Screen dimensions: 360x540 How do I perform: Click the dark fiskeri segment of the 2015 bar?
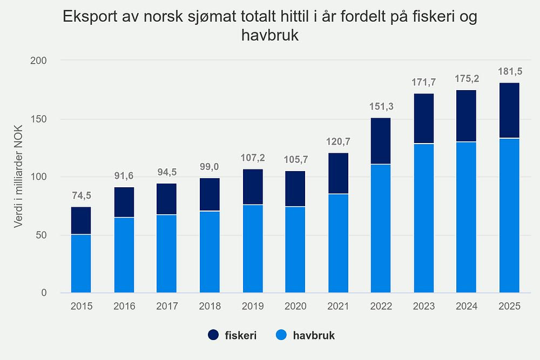pyautogui.click(x=81, y=220)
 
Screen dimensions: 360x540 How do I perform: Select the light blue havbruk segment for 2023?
pyautogui.click(x=424, y=218)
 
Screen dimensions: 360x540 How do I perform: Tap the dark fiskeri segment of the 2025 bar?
pyautogui.click(x=509, y=110)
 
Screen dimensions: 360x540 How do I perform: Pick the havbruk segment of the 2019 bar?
pyautogui.click(x=252, y=249)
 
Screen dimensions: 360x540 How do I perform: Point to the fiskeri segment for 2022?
pyautogui.click(x=381, y=141)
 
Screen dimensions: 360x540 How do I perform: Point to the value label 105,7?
pyautogui.click(x=295, y=160)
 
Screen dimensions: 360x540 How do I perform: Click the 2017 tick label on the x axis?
pyautogui.click(x=167, y=307)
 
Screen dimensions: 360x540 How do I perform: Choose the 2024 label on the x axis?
pyautogui.click(x=467, y=307)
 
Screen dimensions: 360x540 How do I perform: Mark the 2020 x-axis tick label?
pyautogui.click(x=295, y=307)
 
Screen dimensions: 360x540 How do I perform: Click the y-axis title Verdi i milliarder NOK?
pyautogui.click(x=19, y=176)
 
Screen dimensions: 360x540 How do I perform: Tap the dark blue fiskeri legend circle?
pyautogui.click(x=213, y=336)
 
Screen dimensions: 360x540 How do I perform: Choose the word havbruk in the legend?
pyautogui.click(x=314, y=336)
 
